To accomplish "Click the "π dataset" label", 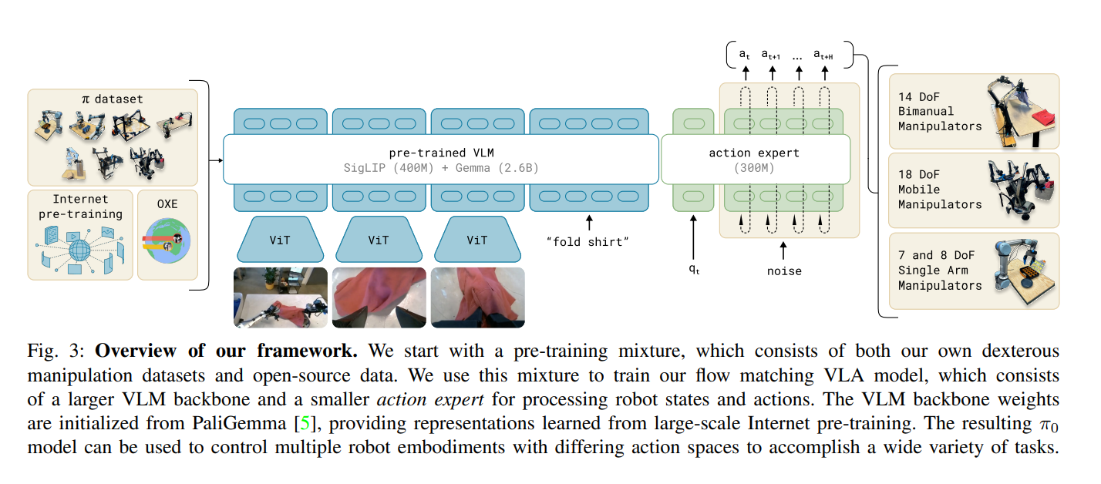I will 113,99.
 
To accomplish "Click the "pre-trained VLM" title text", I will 440,153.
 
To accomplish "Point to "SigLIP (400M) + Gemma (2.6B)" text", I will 440,167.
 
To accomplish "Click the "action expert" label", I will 754,153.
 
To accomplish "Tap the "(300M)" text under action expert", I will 754,167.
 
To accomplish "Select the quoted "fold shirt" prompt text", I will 588,243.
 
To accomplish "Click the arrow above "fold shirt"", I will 589,224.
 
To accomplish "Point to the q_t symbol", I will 694,271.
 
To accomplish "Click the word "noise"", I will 784,271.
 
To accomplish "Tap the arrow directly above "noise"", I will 784,250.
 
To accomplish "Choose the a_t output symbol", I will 744,54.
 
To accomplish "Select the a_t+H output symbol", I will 824,54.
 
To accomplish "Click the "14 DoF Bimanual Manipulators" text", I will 940,111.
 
